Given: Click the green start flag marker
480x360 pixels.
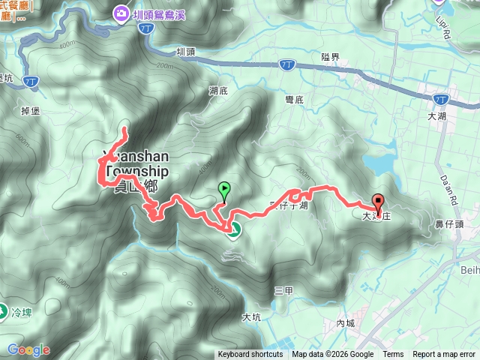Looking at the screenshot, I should coord(223,190).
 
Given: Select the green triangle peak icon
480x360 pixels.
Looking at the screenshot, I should coord(233,232).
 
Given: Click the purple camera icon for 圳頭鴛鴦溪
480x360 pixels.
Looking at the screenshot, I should coord(121,12).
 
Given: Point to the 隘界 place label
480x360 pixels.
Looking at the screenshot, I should coord(330,57).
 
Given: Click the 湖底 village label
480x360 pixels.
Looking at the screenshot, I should coord(218,90).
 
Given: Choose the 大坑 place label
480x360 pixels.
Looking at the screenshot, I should coord(251,316).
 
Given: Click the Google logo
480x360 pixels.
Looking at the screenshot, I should coord(28,349).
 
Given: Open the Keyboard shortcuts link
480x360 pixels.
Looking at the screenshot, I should coord(250,355).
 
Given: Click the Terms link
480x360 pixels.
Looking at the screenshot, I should coord(393,355).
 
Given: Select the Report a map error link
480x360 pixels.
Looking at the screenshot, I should coord(444,355).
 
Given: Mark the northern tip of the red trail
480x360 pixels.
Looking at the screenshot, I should coord(124,132).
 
